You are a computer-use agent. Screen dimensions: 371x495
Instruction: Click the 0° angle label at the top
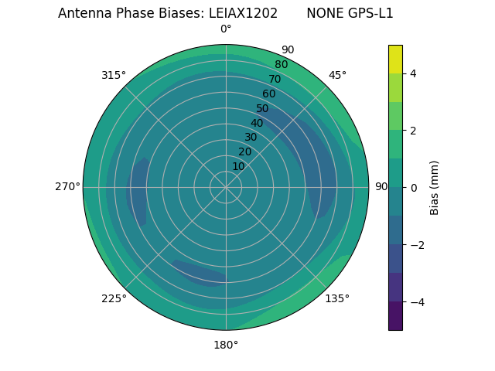pos(226,29)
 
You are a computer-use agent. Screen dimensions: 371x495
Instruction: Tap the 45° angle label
pos(337,75)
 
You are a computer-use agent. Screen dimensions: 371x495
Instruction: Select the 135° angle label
pos(337,298)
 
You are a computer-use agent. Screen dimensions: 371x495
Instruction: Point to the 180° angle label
pos(226,345)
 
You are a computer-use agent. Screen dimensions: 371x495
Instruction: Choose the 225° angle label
pos(114,298)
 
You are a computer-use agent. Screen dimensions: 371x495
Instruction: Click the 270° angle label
pos(67,186)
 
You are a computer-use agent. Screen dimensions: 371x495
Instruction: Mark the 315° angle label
pos(114,75)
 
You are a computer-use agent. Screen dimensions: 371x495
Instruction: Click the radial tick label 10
pos(238,166)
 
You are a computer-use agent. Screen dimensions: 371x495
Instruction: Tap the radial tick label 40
pos(257,123)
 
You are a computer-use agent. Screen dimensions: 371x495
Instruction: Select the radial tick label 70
pos(275,79)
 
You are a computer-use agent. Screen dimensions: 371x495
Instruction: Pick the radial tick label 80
pos(281,64)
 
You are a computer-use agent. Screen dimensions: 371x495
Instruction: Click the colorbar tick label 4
pos(413,73)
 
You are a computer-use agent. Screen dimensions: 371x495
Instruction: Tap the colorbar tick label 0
pos(413,188)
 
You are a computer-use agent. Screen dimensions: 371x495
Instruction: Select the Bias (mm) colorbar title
pos(435,188)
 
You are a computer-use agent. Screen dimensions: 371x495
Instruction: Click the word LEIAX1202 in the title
pos(243,13)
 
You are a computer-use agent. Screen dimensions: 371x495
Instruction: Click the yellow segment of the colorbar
pos(396,59)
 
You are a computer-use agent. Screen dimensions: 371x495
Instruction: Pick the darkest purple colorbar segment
pos(396,315)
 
